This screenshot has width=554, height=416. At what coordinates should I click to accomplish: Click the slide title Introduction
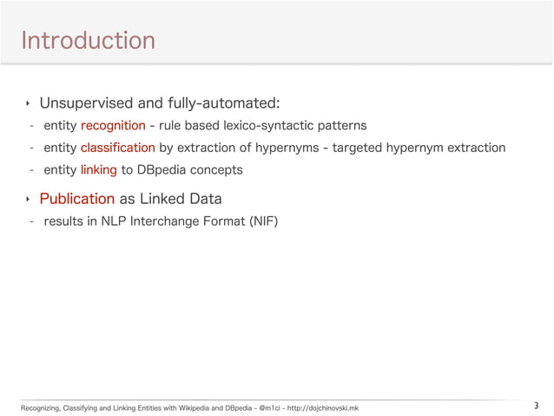coord(88,40)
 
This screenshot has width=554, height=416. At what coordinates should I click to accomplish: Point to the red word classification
coord(118,148)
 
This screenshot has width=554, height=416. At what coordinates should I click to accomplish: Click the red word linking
coord(98,169)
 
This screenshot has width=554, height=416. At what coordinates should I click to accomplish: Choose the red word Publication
coord(76,198)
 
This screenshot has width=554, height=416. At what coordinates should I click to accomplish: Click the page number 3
coord(536,405)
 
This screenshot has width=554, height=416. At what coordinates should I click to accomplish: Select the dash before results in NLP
coord(31,221)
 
